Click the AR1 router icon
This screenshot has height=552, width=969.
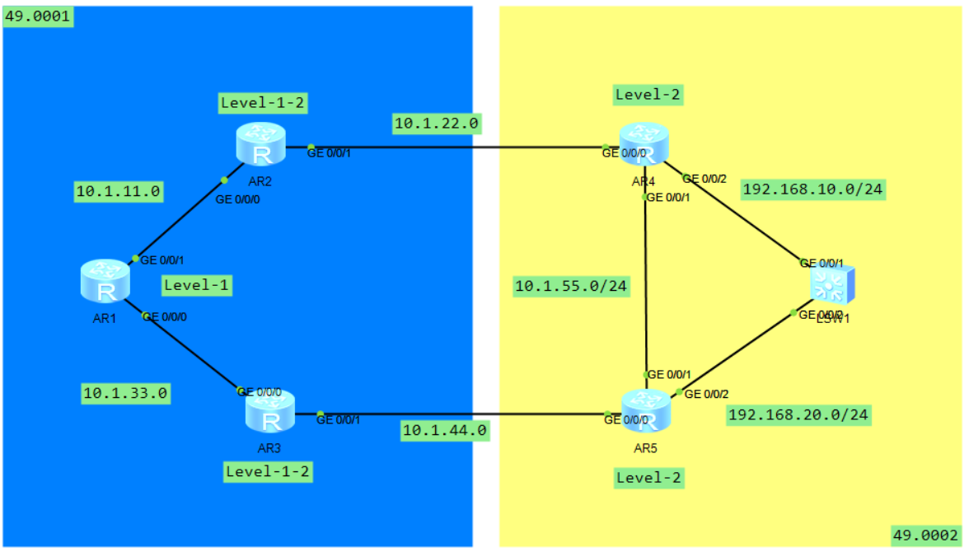tap(105, 280)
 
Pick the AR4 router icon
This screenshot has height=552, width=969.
tap(644, 143)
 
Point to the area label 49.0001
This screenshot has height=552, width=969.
tap(38, 16)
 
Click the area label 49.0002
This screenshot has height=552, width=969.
tap(926, 536)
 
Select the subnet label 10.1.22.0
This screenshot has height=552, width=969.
tap(437, 124)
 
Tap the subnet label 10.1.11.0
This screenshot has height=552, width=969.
tap(119, 192)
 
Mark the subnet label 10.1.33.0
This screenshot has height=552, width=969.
tap(125, 393)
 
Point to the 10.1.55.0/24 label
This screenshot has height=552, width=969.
tap(571, 286)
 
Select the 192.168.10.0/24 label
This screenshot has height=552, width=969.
tap(813, 189)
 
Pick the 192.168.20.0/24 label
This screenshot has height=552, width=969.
tap(798, 414)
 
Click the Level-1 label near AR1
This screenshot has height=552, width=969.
tap(197, 285)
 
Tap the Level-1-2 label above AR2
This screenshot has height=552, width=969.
tap(263, 102)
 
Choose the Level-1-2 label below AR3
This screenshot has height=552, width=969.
tap(268, 471)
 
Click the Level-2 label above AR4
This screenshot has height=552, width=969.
tap(648, 95)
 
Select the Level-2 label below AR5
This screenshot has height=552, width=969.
tap(648, 477)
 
